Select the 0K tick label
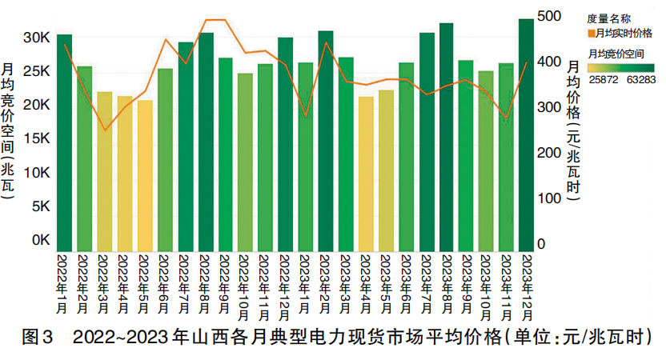pyautogui.click(x=42, y=239)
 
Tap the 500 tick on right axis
pyautogui.click(x=548, y=16)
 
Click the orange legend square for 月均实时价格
pyautogui.click(x=591, y=34)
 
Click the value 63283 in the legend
pyautogui.click(x=641, y=79)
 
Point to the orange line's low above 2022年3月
pyautogui.click(x=105, y=130)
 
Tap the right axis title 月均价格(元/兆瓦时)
pyautogui.click(x=574, y=128)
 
